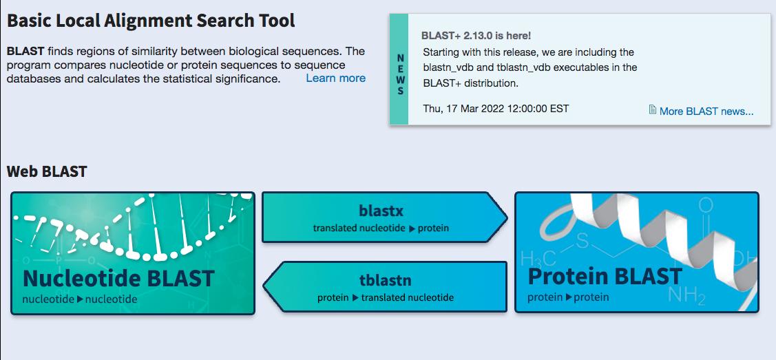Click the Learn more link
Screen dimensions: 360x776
(335, 78)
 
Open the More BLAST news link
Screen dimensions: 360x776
(706, 111)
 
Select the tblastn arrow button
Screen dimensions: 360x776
(385, 286)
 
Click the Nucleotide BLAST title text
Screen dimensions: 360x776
(118, 279)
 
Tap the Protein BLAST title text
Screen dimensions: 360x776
(605, 277)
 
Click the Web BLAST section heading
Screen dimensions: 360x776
(47, 171)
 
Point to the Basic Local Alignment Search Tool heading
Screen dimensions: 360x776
(151, 21)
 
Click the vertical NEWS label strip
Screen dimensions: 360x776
(399, 75)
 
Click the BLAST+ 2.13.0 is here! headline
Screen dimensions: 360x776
(476, 35)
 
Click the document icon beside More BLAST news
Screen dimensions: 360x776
(653, 110)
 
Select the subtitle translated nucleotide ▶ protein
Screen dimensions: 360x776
(381, 228)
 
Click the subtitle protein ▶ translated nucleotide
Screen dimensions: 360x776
(386, 297)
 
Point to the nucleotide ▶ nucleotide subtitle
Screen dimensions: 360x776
(79, 299)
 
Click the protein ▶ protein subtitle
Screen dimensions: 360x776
(568, 297)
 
